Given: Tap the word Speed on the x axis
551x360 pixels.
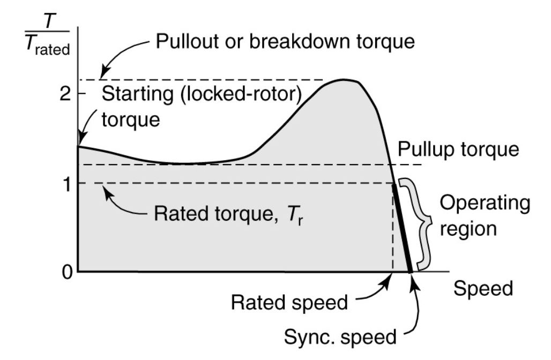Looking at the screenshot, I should (483, 289).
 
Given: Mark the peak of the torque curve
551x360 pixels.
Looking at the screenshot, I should (344, 80).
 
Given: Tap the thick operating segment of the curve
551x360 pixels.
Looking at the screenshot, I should (403, 228).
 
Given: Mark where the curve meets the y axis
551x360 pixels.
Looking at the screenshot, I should (78, 146).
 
